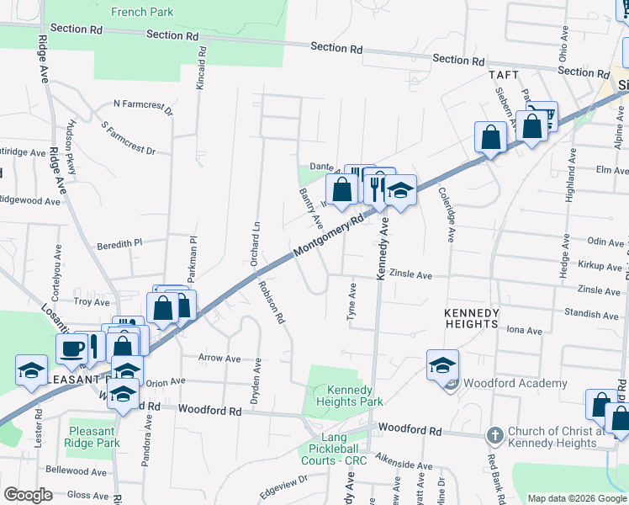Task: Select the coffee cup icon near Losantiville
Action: [x=71, y=347]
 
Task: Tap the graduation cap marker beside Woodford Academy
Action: [x=442, y=366]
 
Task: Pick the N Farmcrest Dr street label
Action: [x=143, y=107]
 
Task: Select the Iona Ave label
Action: [x=524, y=331]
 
